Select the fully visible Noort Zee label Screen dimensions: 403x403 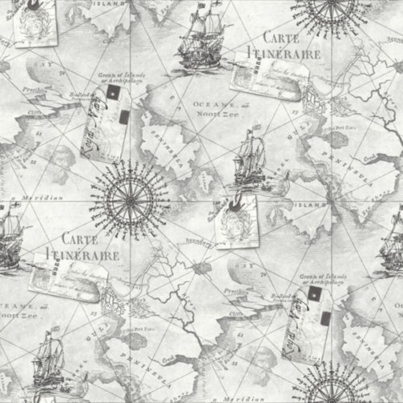pyautogui.click(x=218, y=114)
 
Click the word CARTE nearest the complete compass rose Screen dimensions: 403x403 pyautogui.click(x=80, y=239)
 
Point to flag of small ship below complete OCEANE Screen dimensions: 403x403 pyautogui.click(x=256, y=128)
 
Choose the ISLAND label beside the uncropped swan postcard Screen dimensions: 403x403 pyautogui.click(x=310, y=205)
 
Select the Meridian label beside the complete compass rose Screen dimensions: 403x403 pyautogui.click(x=42, y=198)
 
